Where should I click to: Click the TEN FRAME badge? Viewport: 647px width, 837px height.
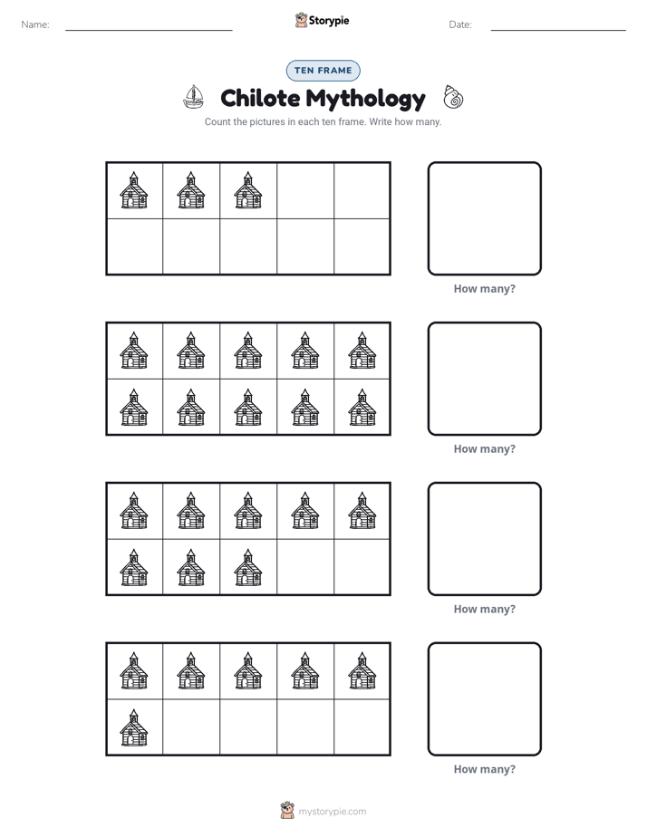coord(323,71)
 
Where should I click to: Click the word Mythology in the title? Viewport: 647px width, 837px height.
coord(366,100)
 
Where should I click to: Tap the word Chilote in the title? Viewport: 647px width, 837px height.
coord(260,98)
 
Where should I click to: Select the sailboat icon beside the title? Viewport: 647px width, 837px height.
coord(193,97)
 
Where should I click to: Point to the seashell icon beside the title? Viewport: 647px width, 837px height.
coord(453,97)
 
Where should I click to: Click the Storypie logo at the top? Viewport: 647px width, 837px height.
coord(322,20)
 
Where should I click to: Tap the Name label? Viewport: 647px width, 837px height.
coord(35,24)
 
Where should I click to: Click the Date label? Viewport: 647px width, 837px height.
coord(460,24)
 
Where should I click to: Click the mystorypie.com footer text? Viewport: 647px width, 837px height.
coord(332,812)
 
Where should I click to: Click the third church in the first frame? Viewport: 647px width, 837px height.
coord(248,190)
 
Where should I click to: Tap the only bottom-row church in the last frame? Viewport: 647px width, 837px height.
coord(134,727)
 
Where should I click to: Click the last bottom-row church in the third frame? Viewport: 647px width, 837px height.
coord(248,567)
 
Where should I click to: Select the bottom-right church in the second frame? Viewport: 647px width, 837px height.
coord(362,408)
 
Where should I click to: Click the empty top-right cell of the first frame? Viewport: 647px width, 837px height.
coord(362,190)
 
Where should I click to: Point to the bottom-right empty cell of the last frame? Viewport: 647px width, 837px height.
coord(362,726)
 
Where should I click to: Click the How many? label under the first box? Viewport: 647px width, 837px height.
coord(484,289)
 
